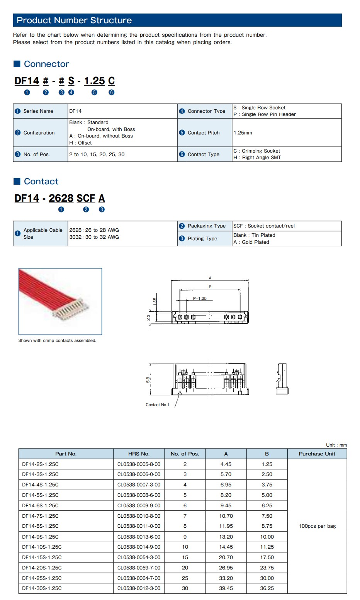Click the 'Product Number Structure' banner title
click(x=74, y=20)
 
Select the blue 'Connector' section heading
click(x=46, y=64)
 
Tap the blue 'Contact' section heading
click(x=41, y=182)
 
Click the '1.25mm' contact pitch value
click(x=243, y=133)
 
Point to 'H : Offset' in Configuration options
click(x=80, y=143)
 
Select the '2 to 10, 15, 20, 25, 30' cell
click(x=97, y=155)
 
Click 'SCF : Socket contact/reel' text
click(x=264, y=226)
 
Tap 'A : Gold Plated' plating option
click(x=251, y=242)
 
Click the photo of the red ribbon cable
click(x=60, y=301)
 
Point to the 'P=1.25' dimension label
click(x=200, y=298)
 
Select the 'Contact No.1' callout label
click(x=157, y=405)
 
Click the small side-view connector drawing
click(x=282, y=379)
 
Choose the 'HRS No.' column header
click(x=139, y=454)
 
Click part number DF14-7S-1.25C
click(x=40, y=516)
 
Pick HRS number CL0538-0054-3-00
click(x=139, y=558)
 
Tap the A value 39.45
click(x=226, y=588)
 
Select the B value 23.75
click(x=267, y=568)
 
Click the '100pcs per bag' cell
click(x=317, y=526)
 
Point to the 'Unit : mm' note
click(x=336, y=445)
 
